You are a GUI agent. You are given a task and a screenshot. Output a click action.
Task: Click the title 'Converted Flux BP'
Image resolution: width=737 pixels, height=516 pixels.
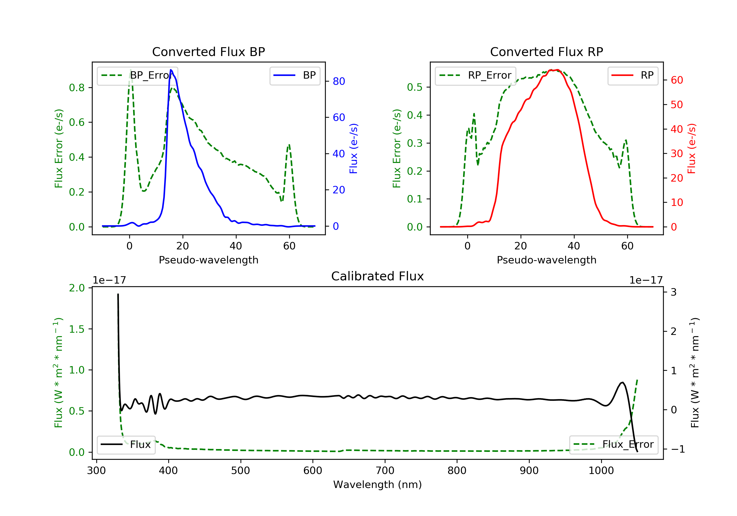pyautogui.click(x=208, y=52)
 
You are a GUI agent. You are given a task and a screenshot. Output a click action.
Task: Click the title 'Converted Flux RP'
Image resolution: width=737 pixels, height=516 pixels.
pyautogui.click(x=546, y=52)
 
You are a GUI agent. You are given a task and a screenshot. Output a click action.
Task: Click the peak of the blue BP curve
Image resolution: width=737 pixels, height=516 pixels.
pyautogui.click(x=171, y=70)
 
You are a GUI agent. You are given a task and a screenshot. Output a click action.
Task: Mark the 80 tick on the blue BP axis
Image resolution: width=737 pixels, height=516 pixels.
pyautogui.click(x=339, y=82)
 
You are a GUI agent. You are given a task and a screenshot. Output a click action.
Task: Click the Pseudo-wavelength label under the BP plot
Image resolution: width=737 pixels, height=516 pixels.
pyautogui.click(x=208, y=260)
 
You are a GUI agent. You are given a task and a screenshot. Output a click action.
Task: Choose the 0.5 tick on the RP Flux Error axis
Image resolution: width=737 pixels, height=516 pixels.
pyautogui.click(x=414, y=87)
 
